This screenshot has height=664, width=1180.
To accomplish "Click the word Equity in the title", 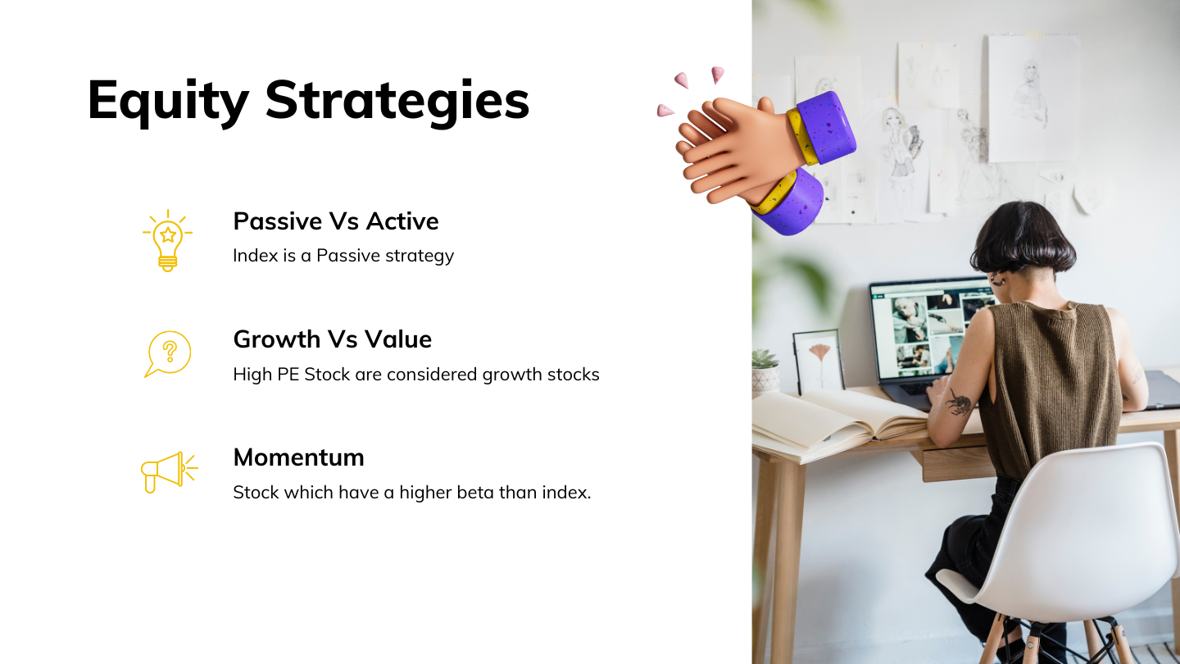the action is (x=168, y=101).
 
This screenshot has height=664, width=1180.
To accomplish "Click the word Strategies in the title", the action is (x=397, y=101).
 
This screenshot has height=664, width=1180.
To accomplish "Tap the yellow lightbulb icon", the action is (x=167, y=240).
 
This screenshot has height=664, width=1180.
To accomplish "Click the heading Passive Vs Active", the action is (x=336, y=221).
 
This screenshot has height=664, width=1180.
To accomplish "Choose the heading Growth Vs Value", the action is (x=333, y=339).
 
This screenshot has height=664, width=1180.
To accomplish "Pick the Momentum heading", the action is (x=298, y=457).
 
